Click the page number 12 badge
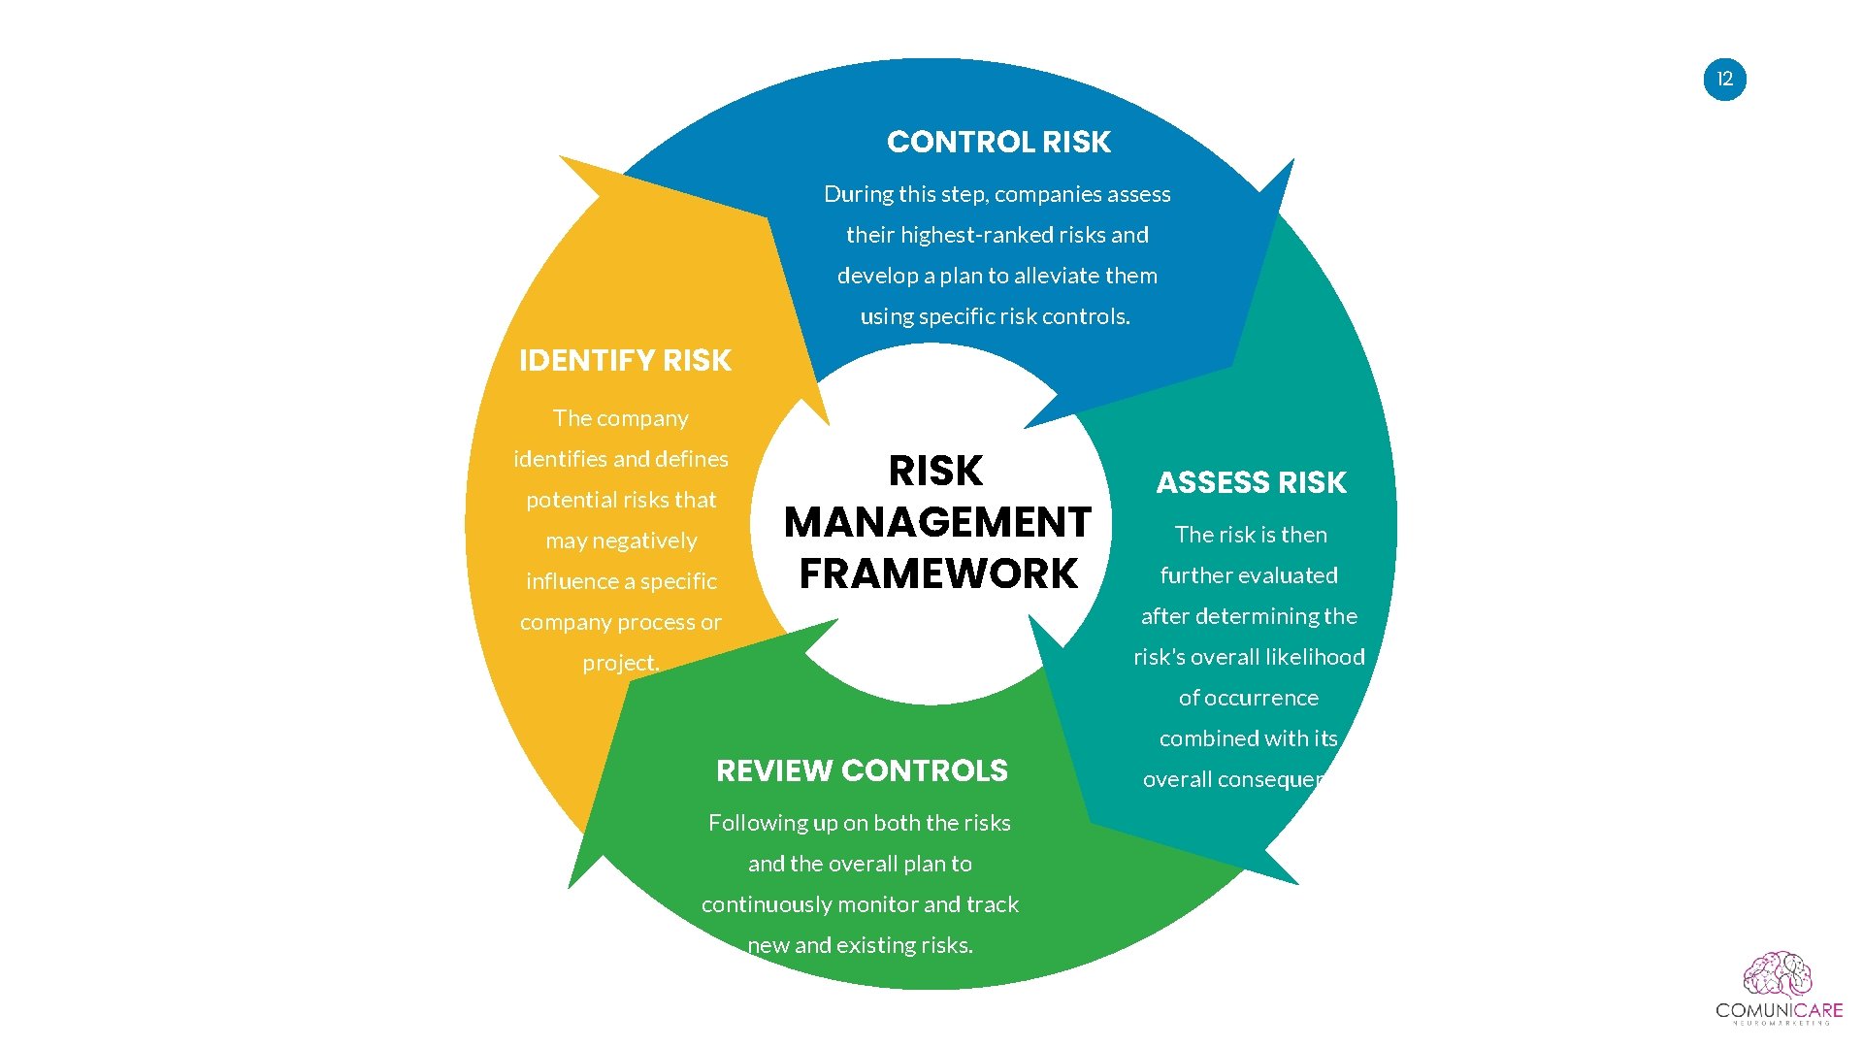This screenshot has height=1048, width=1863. point(1724,80)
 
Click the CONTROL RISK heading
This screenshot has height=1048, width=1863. point(998,143)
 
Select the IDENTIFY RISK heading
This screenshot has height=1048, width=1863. point(625,361)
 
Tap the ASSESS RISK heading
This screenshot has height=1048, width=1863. point(1251,482)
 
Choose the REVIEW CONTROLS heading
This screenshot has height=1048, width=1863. point(862,770)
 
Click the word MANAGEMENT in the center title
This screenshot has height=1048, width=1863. point(937,522)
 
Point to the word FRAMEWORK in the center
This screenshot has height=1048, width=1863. point(937,573)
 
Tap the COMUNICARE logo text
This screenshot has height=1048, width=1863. point(1778,1010)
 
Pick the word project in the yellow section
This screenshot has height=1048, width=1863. point(619,664)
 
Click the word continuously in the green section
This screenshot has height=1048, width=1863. point(781,904)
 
